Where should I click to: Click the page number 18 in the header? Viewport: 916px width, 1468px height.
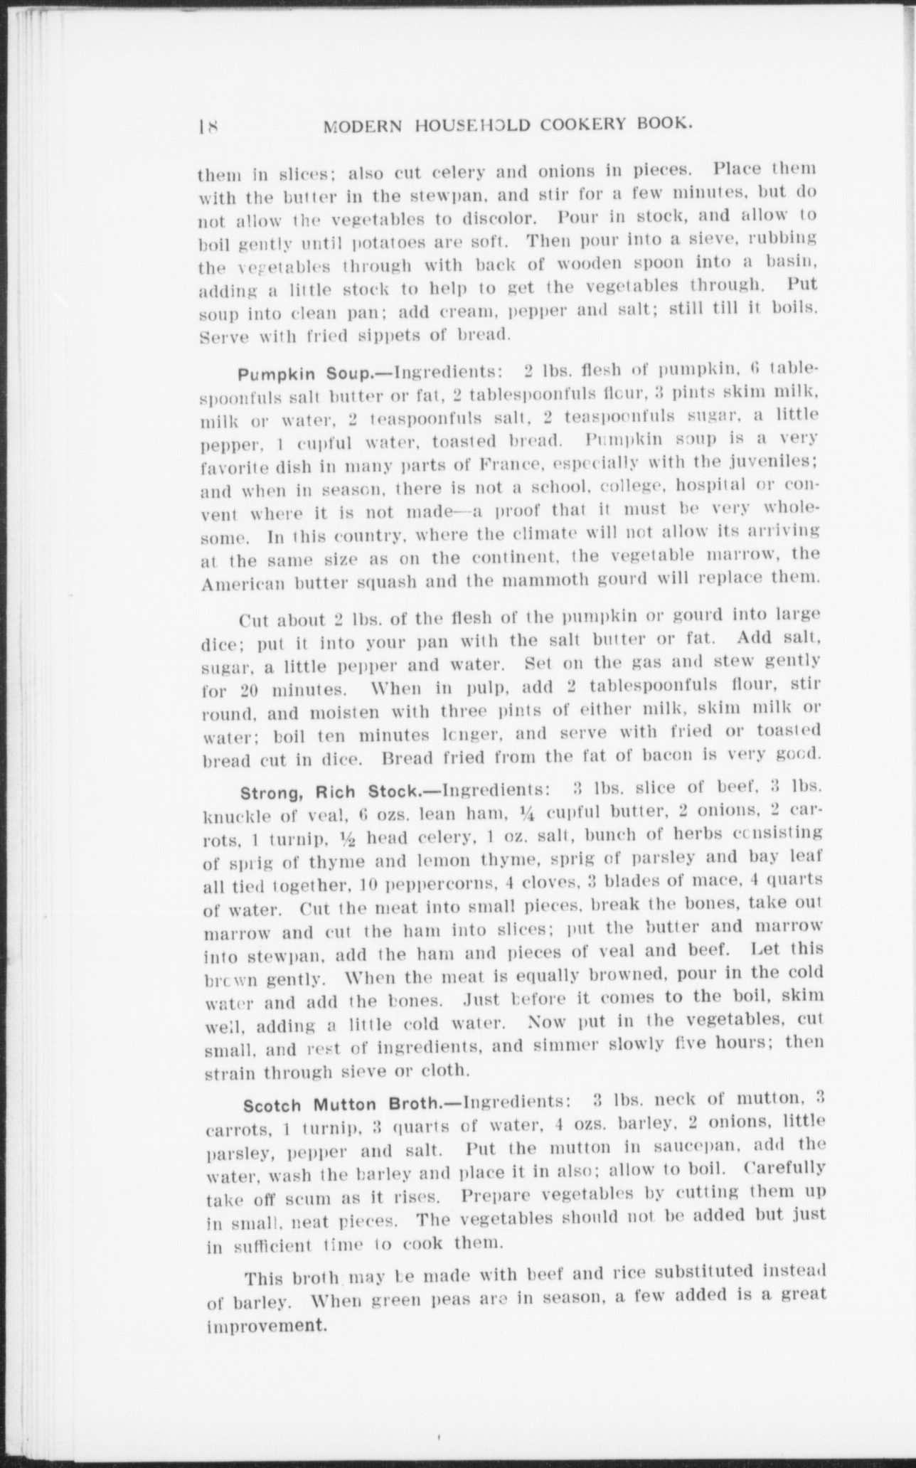click(208, 127)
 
